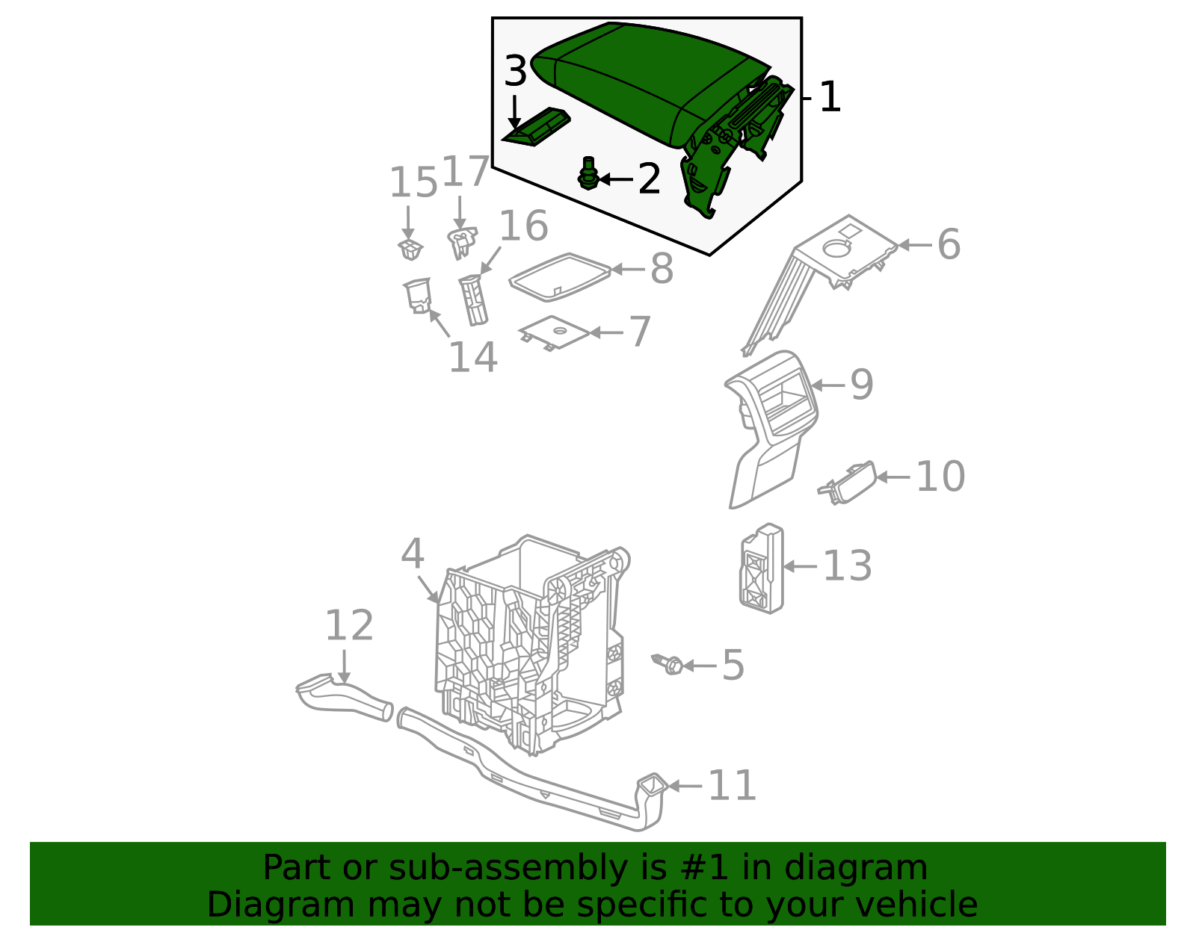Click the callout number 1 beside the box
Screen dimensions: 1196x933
[830, 97]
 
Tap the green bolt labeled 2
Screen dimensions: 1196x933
[588, 173]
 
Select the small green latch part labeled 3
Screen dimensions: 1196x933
[535, 127]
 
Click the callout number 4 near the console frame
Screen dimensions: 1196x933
[412, 553]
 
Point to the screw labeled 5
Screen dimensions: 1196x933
[667, 665]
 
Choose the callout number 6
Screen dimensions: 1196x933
[949, 244]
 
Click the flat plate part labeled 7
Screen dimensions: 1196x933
[554, 332]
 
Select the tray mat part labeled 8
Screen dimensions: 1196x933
[560, 277]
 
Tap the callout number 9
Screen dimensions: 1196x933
[862, 384]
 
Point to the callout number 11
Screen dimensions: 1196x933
[732, 786]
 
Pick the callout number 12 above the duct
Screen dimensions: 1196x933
[349, 625]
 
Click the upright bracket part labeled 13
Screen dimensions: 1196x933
[761, 569]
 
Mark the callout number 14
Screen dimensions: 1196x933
[473, 357]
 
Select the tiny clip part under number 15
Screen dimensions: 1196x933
[410, 249]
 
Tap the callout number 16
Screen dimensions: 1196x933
[524, 225]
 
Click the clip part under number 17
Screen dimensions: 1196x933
[462, 243]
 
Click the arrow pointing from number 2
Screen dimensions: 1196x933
[616, 179]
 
